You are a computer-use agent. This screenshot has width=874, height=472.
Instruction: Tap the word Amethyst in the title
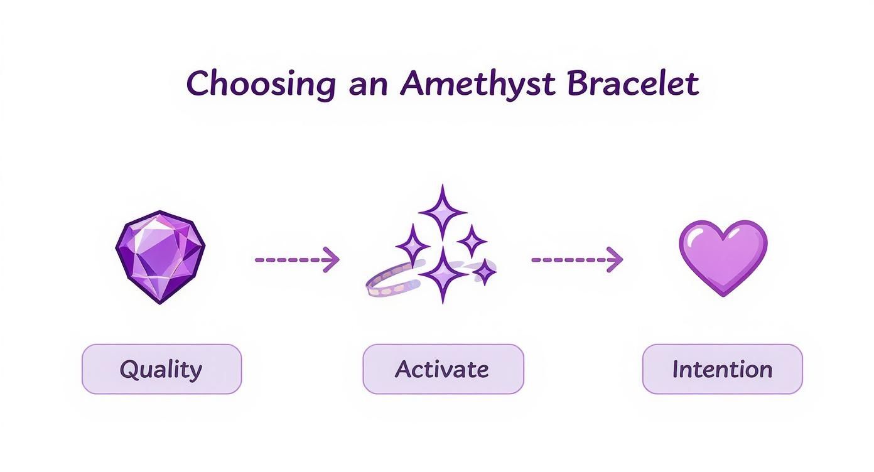click(x=477, y=84)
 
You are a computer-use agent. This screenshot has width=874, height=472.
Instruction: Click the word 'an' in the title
click(x=367, y=86)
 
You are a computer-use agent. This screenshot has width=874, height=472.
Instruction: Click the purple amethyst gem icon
click(x=161, y=257)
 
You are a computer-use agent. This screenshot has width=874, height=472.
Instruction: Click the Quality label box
click(x=161, y=369)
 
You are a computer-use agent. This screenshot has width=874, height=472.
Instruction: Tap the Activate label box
click(x=443, y=369)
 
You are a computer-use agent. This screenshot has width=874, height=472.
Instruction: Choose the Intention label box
click(x=722, y=369)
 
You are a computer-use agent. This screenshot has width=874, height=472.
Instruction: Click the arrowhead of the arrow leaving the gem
click(x=331, y=259)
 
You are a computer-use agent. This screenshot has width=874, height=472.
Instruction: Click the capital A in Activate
click(x=403, y=368)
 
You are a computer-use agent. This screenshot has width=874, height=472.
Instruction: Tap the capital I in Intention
click(x=676, y=368)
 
